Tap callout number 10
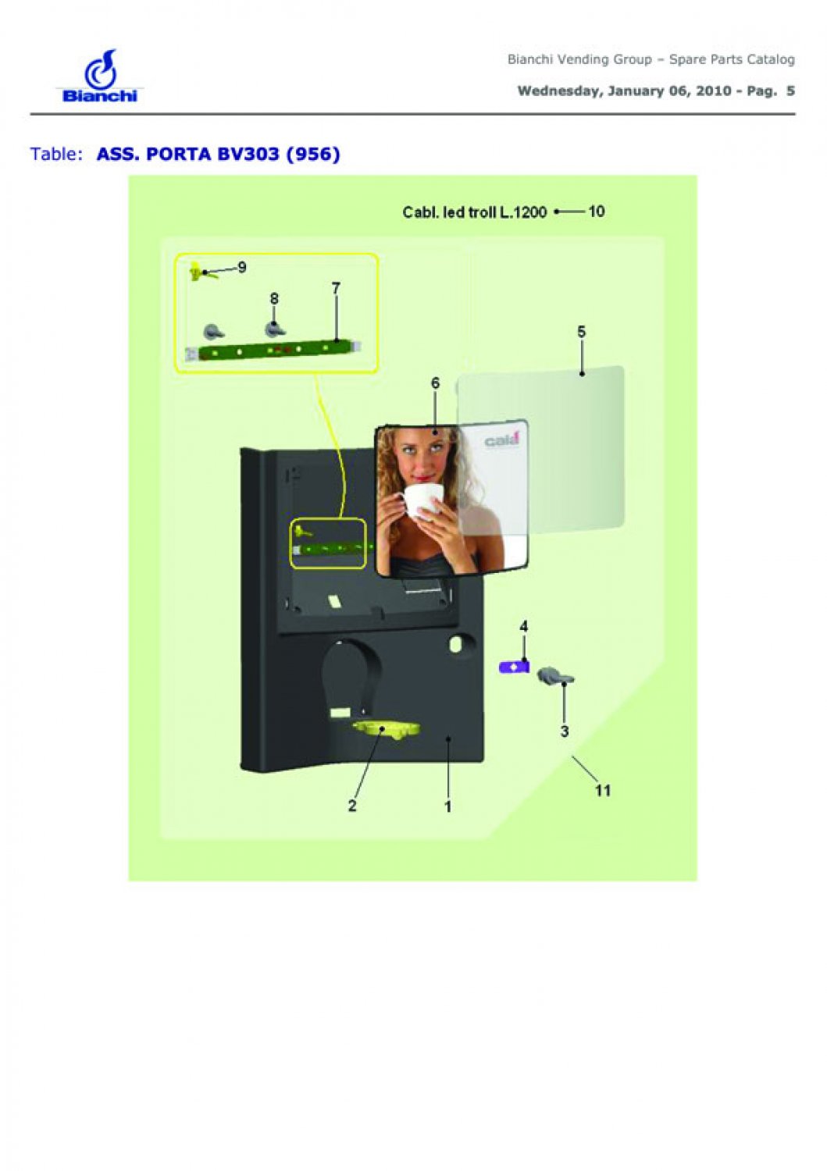pos(597,212)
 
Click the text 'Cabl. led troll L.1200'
pos(475,212)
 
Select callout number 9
pos(241,268)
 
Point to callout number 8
pos(274,299)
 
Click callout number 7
pos(336,288)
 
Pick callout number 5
pos(581,332)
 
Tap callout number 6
pos(435,384)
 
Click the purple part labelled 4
pos(514,667)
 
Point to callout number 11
pos(603,790)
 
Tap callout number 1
pos(447,807)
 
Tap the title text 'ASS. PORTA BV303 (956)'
pos(218,155)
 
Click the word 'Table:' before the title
pos(56,155)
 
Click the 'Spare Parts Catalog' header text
pos(732,59)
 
